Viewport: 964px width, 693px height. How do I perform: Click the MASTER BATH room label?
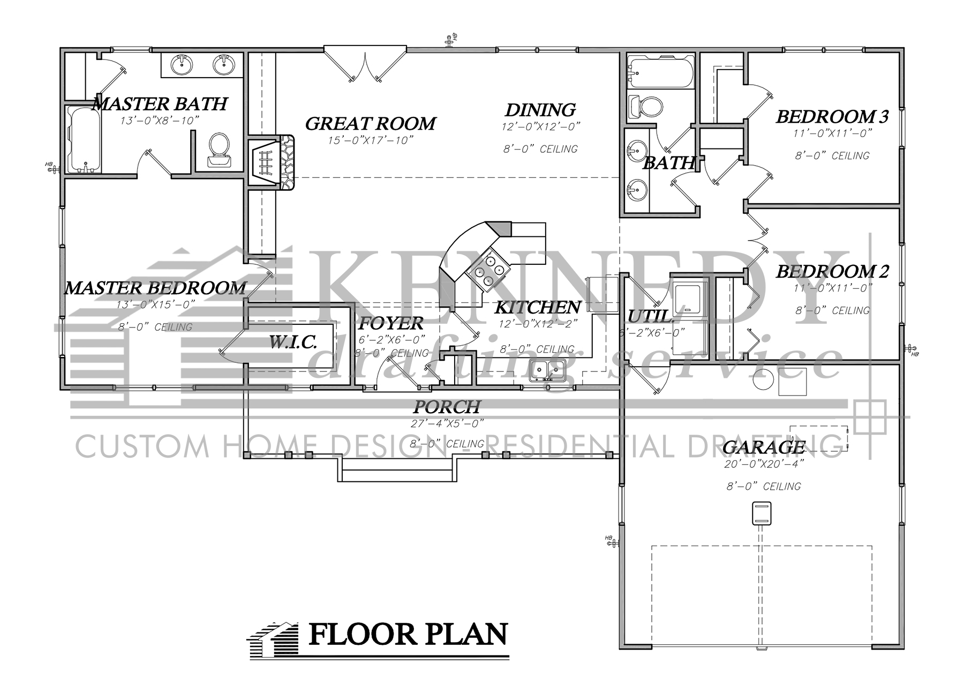pyautogui.click(x=160, y=103)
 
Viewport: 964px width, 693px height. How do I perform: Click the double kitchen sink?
pyautogui.click(x=547, y=370)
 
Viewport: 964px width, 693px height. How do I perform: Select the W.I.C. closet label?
pyautogui.click(x=292, y=342)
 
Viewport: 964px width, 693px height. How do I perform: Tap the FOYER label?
pyautogui.click(x=390, y=323)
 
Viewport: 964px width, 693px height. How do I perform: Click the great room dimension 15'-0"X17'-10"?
pyautogui.click(x=371, y=140)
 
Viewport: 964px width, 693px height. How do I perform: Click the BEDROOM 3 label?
pyautogui.click(x=832, y=116)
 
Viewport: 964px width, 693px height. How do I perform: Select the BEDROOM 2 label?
pyautogui.click(x=832, y=272)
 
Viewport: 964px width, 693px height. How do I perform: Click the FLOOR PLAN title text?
pyautogui.click(x=408, y=635)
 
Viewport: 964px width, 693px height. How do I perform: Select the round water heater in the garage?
pyautogui.click(x=763, y=379)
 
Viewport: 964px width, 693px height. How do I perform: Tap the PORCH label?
pyautogui.click(x=447, y=407)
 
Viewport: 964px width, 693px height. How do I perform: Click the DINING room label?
pyautogui.click(x=540, y=110)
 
